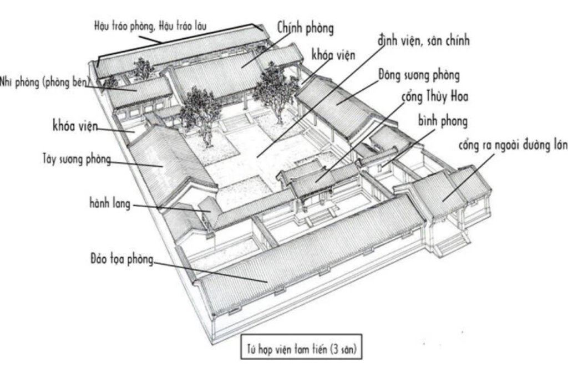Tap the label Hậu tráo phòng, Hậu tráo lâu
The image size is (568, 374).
(x=150, y=26)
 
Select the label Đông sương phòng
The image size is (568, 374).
(x=419, y=75)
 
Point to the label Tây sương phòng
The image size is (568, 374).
(x=77, y=159)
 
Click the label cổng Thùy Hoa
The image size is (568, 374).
(x=435, y=96)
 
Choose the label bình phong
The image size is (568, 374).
(x=443, y=121)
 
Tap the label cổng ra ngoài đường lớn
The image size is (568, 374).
(x=513, y=145)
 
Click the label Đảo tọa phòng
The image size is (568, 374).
(x=121, y=259)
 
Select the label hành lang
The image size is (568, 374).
(x=110, y=203)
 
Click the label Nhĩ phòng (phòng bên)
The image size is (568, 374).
(x=44, y=82)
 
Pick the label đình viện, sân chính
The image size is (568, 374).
(x=423, y=40)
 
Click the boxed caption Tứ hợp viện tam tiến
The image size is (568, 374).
(x=301, y=349)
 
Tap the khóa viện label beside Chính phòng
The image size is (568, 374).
(x=333, y=55)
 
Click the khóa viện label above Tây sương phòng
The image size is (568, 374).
(x=75, y=126)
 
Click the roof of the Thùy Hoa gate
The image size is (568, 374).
(x=319, y=177)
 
